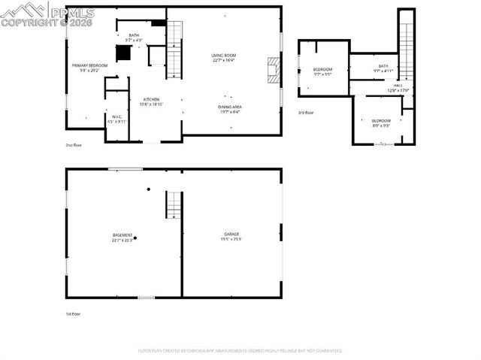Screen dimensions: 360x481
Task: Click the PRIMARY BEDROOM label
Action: tap(89, 66)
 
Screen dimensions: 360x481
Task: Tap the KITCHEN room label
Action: tap(150, 99)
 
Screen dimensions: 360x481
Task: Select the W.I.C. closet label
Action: tap(116, 116)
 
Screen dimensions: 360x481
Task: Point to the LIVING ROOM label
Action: tap(223, 56)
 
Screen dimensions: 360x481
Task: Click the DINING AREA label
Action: tap(230, 107)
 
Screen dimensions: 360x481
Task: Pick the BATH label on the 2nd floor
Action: tap(134, 35)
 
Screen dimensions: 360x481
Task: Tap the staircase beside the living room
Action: tap(174, 49)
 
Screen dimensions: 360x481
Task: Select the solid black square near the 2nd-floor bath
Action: tap(123, 53)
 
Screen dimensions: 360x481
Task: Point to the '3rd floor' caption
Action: tap(305, 112)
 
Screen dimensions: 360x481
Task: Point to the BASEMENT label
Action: tap(123, 235)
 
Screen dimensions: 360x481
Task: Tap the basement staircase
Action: tap(174, 204)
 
